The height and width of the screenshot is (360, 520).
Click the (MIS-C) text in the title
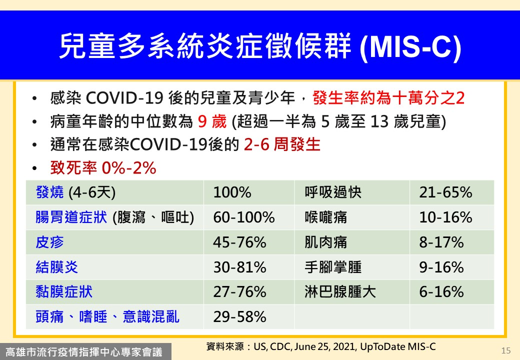pos(410,46)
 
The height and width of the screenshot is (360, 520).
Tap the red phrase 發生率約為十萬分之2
pos(388,98)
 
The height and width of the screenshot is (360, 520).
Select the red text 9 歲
pos(212,121)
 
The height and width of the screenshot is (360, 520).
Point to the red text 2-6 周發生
pos(282,144)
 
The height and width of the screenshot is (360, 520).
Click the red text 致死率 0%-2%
pos(103,167)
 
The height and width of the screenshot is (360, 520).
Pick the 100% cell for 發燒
pos(232,192)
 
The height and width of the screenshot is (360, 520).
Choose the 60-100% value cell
pos(244,217)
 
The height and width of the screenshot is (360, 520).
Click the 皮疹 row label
pos(49,242)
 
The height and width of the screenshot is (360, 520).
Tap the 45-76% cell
pos(239,242)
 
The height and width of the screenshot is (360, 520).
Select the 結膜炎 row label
pos(56,267)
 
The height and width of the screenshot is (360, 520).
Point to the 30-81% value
pos(239,267)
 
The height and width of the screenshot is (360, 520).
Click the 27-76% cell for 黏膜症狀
pos(239,292)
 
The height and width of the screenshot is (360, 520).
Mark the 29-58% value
pos(239,317)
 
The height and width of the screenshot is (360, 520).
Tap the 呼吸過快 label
pos(333,192)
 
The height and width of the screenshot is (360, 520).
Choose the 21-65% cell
pos(445,192)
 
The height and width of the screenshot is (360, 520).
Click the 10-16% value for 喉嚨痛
pos(445,217)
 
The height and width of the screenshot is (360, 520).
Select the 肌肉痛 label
pos(326,242)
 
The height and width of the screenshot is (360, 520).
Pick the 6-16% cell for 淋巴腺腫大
pos(441,292)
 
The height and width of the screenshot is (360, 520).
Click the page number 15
pos(506,350)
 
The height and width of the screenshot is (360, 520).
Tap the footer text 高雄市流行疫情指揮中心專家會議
pos(84,352)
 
